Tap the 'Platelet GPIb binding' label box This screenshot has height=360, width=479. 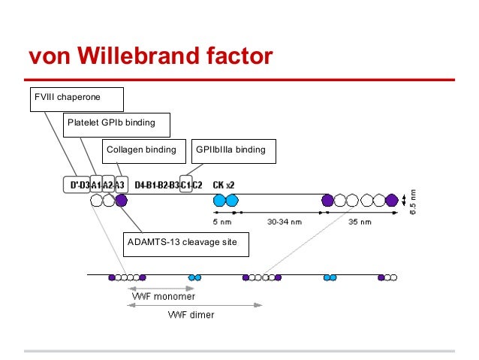click(x=116, y=124)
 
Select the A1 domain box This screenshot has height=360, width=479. click(x=96, y=184)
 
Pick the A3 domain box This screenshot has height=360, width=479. click(x=120, y=184)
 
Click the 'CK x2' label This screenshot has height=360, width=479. click(x=224, y=184)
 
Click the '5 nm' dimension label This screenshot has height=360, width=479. click(x=221, y=222)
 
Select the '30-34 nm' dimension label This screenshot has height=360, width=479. click(x=285, y=222)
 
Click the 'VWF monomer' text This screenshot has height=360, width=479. click(x=164, y=297)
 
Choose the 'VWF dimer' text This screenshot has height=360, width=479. click(x=190, y=315)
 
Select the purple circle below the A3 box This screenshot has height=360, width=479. click(x=121, y=201)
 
